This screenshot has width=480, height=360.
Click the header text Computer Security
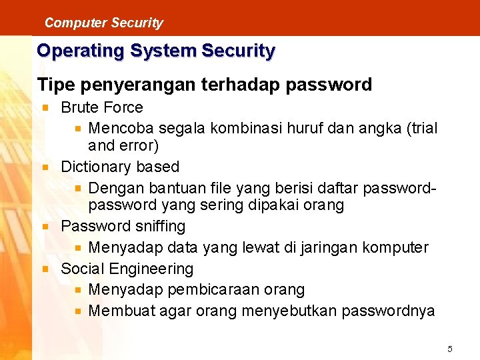point(103,23)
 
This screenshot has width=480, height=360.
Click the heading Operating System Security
point(156,51)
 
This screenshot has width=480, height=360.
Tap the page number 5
point(450,349)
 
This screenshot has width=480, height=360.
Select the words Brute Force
point(102,107)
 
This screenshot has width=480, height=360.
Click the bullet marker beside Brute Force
point(45,107)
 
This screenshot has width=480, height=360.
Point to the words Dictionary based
point(120,167)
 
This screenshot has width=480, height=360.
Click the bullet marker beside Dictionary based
point(45,167)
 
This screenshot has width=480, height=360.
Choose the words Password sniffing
point(123,227)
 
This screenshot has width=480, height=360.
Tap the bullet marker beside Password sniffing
point(45,227)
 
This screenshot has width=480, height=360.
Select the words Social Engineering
point(127,269)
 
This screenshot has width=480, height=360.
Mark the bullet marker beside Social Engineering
point(45,269)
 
